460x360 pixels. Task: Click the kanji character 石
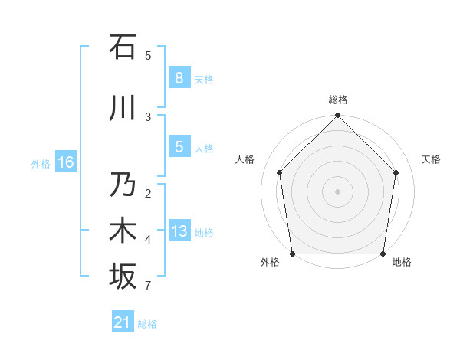coord(123,47)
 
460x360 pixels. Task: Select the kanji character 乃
coord(123,185)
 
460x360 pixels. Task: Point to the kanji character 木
coord(123,231)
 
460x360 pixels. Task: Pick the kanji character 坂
coord(123,277)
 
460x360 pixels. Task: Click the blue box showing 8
coord(179,77)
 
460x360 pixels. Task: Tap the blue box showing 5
coord(179,147)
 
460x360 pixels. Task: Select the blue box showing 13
coord(179,231)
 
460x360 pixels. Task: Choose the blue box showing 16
coord(65,162)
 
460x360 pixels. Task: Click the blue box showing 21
coord(123,322)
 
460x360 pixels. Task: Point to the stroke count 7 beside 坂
coord(148,286)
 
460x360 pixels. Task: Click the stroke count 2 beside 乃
coord(148,194)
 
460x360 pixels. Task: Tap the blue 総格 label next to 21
coord(147,324)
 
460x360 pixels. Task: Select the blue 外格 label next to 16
coord(40,163)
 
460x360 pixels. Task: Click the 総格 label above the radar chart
coord(337,100)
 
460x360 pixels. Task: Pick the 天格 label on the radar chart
coord(431,159)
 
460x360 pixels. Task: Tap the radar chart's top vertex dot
coord(337,116)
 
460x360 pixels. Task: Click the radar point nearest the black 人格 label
coord(280,172)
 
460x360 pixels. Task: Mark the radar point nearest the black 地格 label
coord(383,254)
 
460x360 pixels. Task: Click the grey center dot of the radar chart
coord(337,191)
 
